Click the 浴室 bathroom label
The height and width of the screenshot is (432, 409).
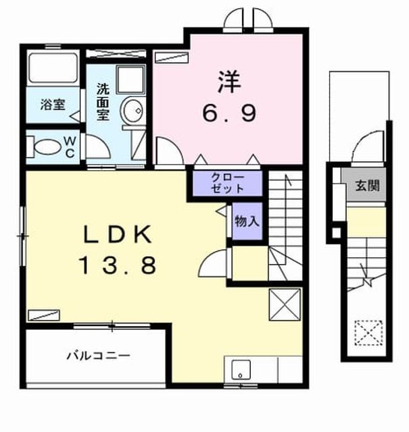coord(53,105)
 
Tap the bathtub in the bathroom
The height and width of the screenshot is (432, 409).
coord(53,67)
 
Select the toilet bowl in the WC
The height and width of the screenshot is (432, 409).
coord(47,147)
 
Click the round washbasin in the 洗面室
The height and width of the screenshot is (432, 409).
coord(133,111)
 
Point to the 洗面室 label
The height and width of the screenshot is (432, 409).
coord(103,102)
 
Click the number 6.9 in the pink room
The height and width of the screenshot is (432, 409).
coord(230,113)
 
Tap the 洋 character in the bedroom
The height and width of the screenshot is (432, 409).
coord(229,82)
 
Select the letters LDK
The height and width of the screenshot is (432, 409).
coord(118,234)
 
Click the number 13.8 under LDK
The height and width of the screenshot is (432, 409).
coord(118,265)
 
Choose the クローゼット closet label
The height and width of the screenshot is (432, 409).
coord(227,183)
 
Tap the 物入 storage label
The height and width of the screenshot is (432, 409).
coord(247,221)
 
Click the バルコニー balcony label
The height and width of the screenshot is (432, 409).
coord(99,356)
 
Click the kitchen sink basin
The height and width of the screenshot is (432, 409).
coord(241,370)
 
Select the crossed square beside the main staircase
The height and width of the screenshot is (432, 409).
coord(285,304)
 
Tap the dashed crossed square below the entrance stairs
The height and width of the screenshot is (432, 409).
coord(368,333)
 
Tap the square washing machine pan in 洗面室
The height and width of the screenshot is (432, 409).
coord(131,79)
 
